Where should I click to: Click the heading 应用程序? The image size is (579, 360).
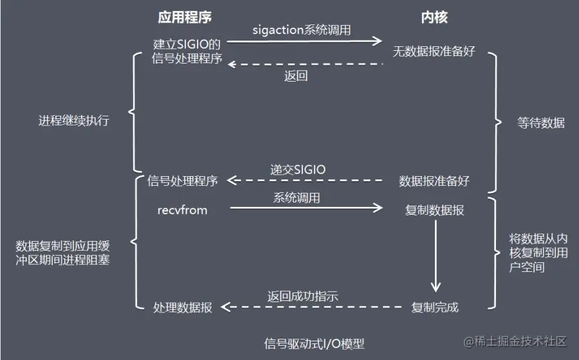point(185,18)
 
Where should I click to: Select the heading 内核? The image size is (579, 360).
point(435,18)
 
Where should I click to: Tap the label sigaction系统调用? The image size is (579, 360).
point(302,30)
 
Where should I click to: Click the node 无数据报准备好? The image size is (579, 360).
point(434,51)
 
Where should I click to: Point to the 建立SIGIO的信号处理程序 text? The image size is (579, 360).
point(187,52)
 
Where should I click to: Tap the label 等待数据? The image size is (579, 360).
point(541,123)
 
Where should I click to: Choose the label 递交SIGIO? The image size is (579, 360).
point(298,170)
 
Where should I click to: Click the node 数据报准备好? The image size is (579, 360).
point(434,181)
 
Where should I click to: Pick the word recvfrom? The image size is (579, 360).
point(183,210)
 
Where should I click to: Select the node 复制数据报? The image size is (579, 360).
point(435,210)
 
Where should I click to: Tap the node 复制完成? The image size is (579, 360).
point(436,307)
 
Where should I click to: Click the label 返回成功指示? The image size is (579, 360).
point(302,296)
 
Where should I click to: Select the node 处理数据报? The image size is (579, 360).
point(183,307)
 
